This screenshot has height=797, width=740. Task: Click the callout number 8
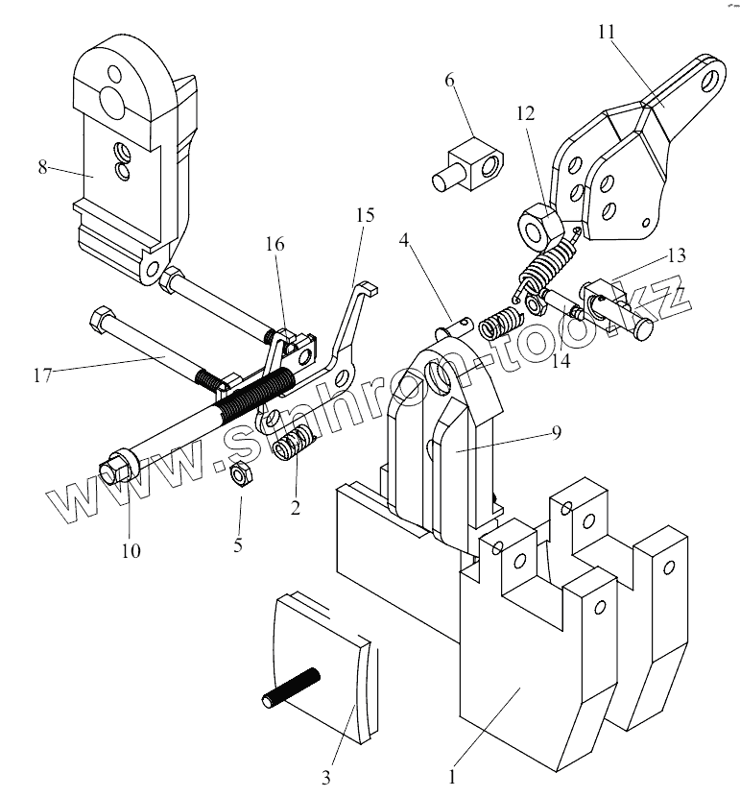[x=42, y=166]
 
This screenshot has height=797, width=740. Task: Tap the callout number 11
[x=607, y=32]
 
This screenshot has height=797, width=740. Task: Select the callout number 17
[x=43, y=375]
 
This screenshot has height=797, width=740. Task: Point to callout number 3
[x=326, y=777]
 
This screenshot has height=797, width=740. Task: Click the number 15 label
[x=365, y=215]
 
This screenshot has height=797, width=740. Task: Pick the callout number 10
[x=131, y=550]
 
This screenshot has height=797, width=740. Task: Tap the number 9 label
[x=557, y=432]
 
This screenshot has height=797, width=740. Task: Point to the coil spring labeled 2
[x=294, y=442]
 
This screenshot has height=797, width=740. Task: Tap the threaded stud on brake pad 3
[x=291, y=687]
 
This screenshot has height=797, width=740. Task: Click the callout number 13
[x=677, y=254]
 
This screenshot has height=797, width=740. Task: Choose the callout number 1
[x=451, y=777]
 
